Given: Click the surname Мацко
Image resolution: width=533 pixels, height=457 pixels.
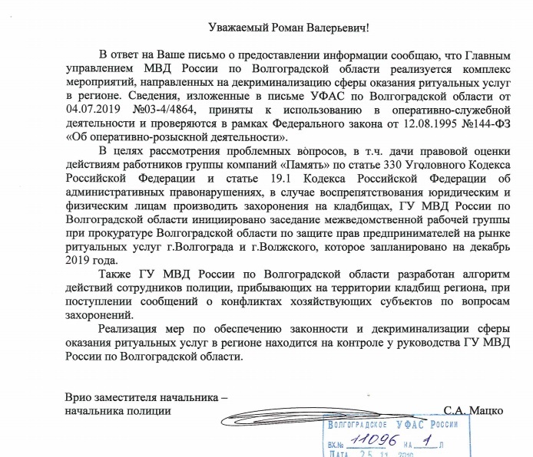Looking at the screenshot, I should click(487, 411).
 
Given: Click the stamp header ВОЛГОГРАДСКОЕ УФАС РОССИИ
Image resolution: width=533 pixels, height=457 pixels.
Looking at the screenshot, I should click(392, 425).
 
